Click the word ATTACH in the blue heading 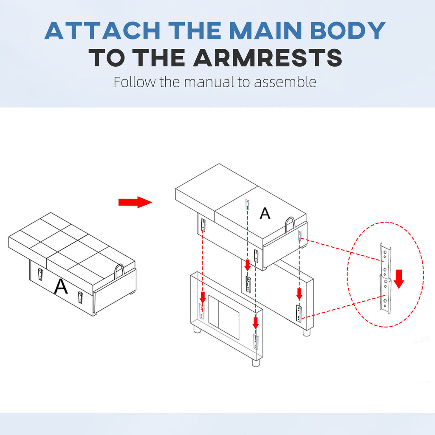(102, 30)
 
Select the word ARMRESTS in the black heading (268, 58)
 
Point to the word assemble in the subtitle (285, 82)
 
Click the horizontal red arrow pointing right (135, 202)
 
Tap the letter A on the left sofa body (61, 286)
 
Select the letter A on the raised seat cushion (265, 213)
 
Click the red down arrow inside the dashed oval (399, 279)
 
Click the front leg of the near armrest (256, 362)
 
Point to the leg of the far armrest (306, 332)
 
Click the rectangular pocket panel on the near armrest (223, 317)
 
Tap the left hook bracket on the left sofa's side (40, 275)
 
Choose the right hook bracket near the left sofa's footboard (80, 298)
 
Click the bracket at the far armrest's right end (299, 314)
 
